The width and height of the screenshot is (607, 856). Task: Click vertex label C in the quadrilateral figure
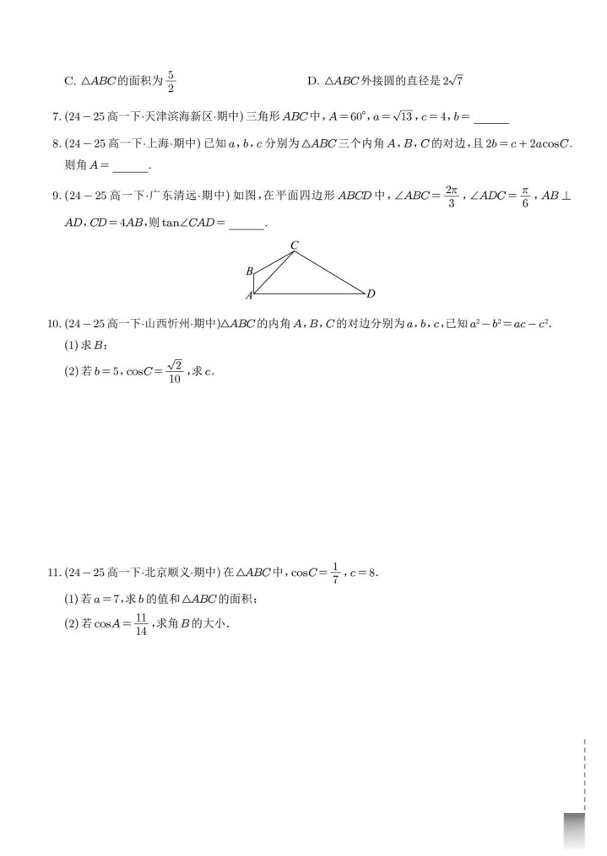coord(294,245)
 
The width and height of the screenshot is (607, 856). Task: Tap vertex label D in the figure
coord(371,293)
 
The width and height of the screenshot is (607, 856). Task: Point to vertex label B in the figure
coord(249,272)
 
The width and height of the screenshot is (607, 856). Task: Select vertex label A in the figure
coord(249,295)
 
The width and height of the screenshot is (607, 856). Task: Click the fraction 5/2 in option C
coord(170,81)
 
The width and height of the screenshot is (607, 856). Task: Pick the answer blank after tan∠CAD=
coord(247,224)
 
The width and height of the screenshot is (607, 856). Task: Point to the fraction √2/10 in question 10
coord(175,370)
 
